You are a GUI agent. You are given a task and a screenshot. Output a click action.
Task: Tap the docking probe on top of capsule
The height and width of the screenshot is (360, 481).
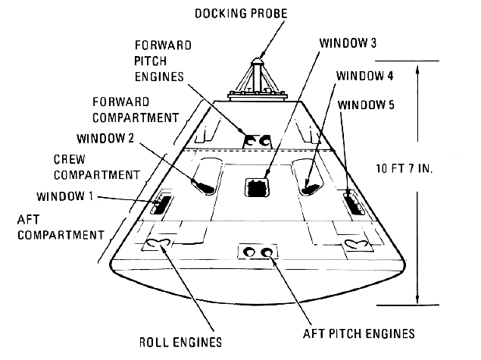(258, 73)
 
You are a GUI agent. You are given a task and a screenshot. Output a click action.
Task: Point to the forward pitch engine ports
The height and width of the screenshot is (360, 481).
(258, 141)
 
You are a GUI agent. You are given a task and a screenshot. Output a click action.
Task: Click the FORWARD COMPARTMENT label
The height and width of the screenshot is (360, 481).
(136, 110)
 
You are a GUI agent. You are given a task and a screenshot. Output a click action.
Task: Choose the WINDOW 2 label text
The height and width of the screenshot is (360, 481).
(106, 139)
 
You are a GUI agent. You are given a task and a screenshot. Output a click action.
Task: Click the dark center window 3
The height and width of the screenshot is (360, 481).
(258, 188)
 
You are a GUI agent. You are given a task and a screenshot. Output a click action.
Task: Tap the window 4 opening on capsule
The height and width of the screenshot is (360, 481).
(309, 185)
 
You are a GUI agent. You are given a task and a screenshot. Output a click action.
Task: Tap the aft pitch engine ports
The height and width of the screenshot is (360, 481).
(258, 252)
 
